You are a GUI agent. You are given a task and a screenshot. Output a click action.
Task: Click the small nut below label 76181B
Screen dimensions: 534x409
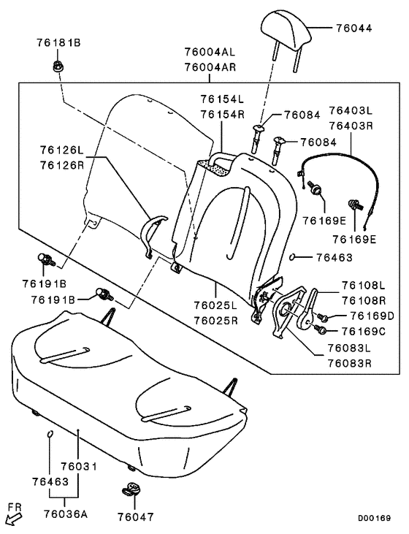tap(56, 66)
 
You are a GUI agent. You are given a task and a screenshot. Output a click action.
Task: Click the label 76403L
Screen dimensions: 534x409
tap(350, 110)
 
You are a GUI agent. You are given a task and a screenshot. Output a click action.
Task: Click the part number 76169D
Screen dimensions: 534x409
tap(372, 316)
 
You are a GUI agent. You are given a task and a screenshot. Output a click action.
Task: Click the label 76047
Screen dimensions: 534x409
tap(137, 516)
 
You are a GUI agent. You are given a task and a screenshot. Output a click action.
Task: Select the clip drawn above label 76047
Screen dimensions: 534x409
tap(131, 489)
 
